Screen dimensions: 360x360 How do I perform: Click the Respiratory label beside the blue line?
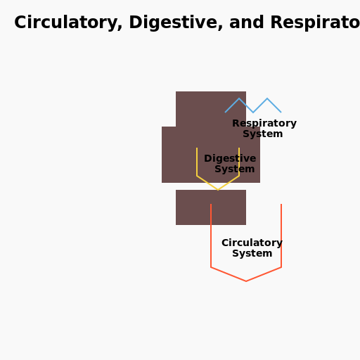click(264, 124)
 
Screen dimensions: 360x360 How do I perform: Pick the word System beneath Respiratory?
click(263, 134)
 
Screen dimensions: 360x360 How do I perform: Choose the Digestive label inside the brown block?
click(230, 159)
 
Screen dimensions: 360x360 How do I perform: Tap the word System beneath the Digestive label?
click(235, 169)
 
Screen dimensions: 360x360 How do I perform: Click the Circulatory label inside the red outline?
click(252, 243)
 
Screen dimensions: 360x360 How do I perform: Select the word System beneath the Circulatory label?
click(252, 254)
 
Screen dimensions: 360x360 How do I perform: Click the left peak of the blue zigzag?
click(239, 99)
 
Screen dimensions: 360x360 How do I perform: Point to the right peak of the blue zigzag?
click(267, 99)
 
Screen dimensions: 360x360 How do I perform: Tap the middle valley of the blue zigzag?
click(253, 112)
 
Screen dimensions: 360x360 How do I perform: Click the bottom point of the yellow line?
click(218, 189)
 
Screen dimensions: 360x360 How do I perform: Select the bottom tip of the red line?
click(246, 281)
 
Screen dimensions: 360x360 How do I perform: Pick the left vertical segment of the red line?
click(211, 236)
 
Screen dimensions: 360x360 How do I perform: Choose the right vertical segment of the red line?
click(281, 236)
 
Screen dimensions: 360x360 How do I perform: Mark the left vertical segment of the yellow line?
click(197, 162)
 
